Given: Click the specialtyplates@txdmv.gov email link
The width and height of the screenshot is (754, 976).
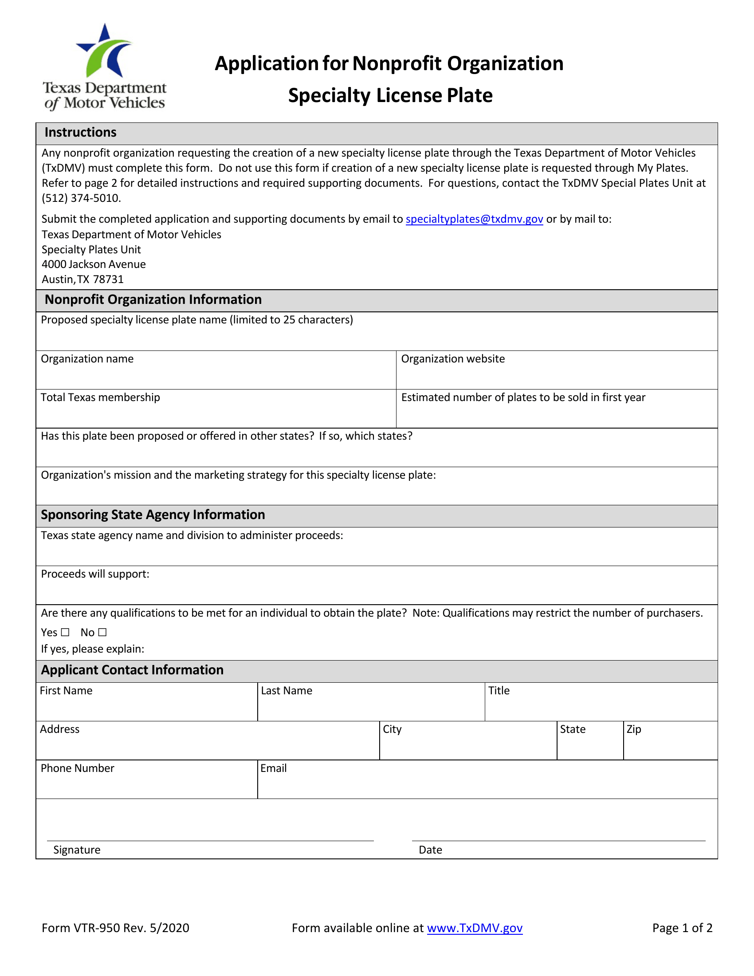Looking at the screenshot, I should click(x=474, y=219).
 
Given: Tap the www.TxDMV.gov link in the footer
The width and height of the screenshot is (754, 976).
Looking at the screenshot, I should click(x=475, y=928).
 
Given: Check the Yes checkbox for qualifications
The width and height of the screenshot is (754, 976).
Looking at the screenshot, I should click(x=65, y=632).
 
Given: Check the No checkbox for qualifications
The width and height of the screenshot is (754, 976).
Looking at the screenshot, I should click(x=103, y=632).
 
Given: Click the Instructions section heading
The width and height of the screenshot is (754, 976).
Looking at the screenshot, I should click(x=80, y=133).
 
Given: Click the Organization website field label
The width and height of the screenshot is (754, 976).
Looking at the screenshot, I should click(x=452, y=359).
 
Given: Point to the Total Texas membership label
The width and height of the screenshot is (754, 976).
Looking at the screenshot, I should click(x=100, y=397).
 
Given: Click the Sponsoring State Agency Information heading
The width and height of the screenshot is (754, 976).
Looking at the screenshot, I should click(x=153, y=515).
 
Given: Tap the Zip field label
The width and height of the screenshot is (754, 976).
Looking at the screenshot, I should click(x=633, y=729).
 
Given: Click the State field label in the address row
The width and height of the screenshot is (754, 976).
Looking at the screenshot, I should click(x=572, y=729).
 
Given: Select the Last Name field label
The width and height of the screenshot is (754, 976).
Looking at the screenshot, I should click(x=287, y=690).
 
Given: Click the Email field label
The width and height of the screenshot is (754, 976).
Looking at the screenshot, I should click(x=273, y=768).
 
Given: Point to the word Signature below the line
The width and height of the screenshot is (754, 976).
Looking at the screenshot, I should click(x=77, y=850).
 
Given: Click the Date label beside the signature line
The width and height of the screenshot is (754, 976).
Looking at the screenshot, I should click(x=430, y=850).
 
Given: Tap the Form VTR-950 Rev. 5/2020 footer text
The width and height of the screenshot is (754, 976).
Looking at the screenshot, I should click(x=115, y=928).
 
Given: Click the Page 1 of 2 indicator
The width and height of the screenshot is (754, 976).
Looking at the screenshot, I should click(x=682, y=928).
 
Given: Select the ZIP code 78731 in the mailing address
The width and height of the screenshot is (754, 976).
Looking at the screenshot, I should click(x=108, y=279).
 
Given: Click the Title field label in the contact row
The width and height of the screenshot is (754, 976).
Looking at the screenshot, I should click(x=499, y=690).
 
